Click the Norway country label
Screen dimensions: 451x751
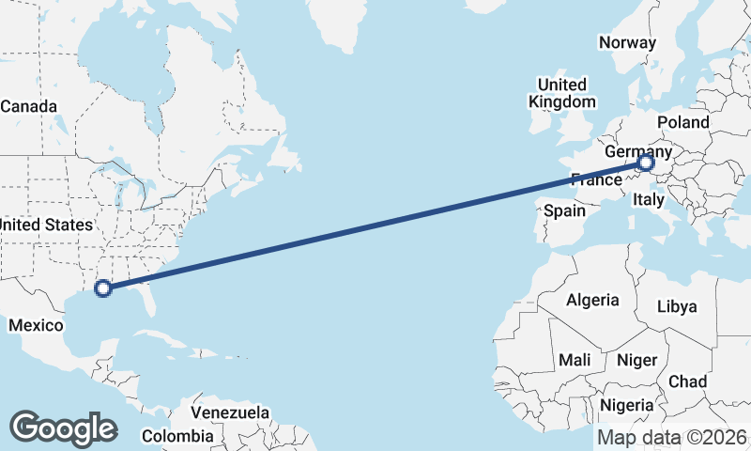[627, 42]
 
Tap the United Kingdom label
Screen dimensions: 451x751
[561, 93]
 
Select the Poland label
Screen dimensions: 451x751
[683, 122]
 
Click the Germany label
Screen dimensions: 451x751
[637, 151]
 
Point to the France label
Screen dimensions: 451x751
[596, 179]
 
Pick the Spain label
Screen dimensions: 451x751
[564, 211]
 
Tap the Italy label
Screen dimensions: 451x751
[649, 199]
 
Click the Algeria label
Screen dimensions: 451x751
[592, 300]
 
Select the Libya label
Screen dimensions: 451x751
[677, 306]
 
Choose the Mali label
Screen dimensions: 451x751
[575, 360]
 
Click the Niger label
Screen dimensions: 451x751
[636, 360]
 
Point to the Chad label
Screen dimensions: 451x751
[687, 381]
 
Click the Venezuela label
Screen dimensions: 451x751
[230, 412]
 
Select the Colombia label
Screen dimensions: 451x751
[177, 436]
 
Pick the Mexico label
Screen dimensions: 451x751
[35, 325]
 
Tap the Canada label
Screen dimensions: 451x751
[28, 106]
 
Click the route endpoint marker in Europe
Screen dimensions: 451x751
[646, 163]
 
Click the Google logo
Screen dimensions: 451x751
[63, 428]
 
